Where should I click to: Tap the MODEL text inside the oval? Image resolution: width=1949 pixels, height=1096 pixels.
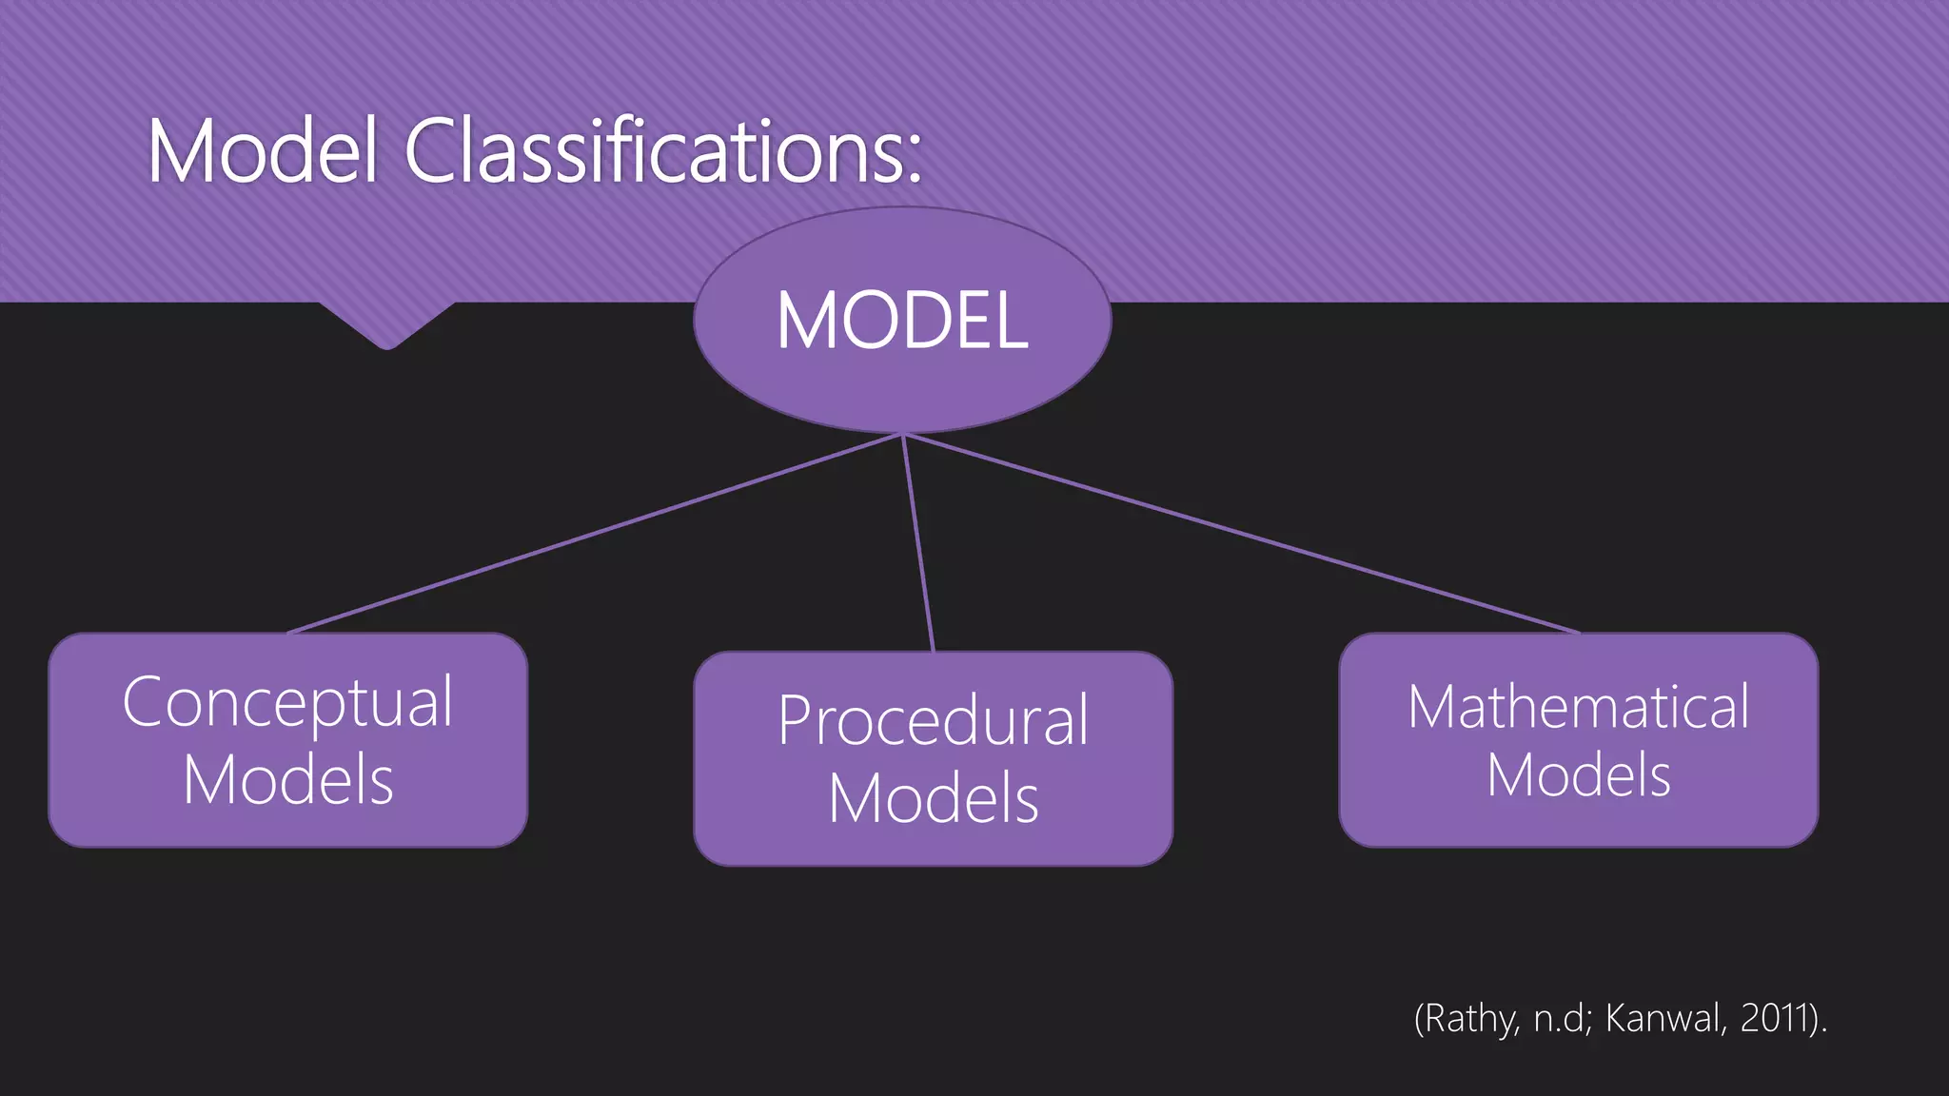click(902, 321)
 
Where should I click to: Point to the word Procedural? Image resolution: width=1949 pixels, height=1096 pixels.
click(933, 721)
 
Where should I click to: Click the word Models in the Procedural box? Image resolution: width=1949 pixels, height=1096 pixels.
click(933, 799)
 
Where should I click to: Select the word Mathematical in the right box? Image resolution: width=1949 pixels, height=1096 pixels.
click(1578, 707)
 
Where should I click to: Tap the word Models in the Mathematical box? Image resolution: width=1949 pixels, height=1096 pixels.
click(1578, 775)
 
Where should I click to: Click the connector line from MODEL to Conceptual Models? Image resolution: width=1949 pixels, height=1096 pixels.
click(595, 534)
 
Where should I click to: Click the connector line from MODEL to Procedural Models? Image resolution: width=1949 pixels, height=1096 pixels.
click(917, 543)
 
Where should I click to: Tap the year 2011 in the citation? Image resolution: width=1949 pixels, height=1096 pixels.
click(1775, 1019)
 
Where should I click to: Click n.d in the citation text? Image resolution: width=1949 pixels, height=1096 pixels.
click(1559, 1019)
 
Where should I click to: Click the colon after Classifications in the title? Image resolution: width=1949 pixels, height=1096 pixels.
click(914, 157)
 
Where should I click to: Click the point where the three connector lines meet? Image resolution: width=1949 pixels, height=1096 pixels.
click(902, 435)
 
